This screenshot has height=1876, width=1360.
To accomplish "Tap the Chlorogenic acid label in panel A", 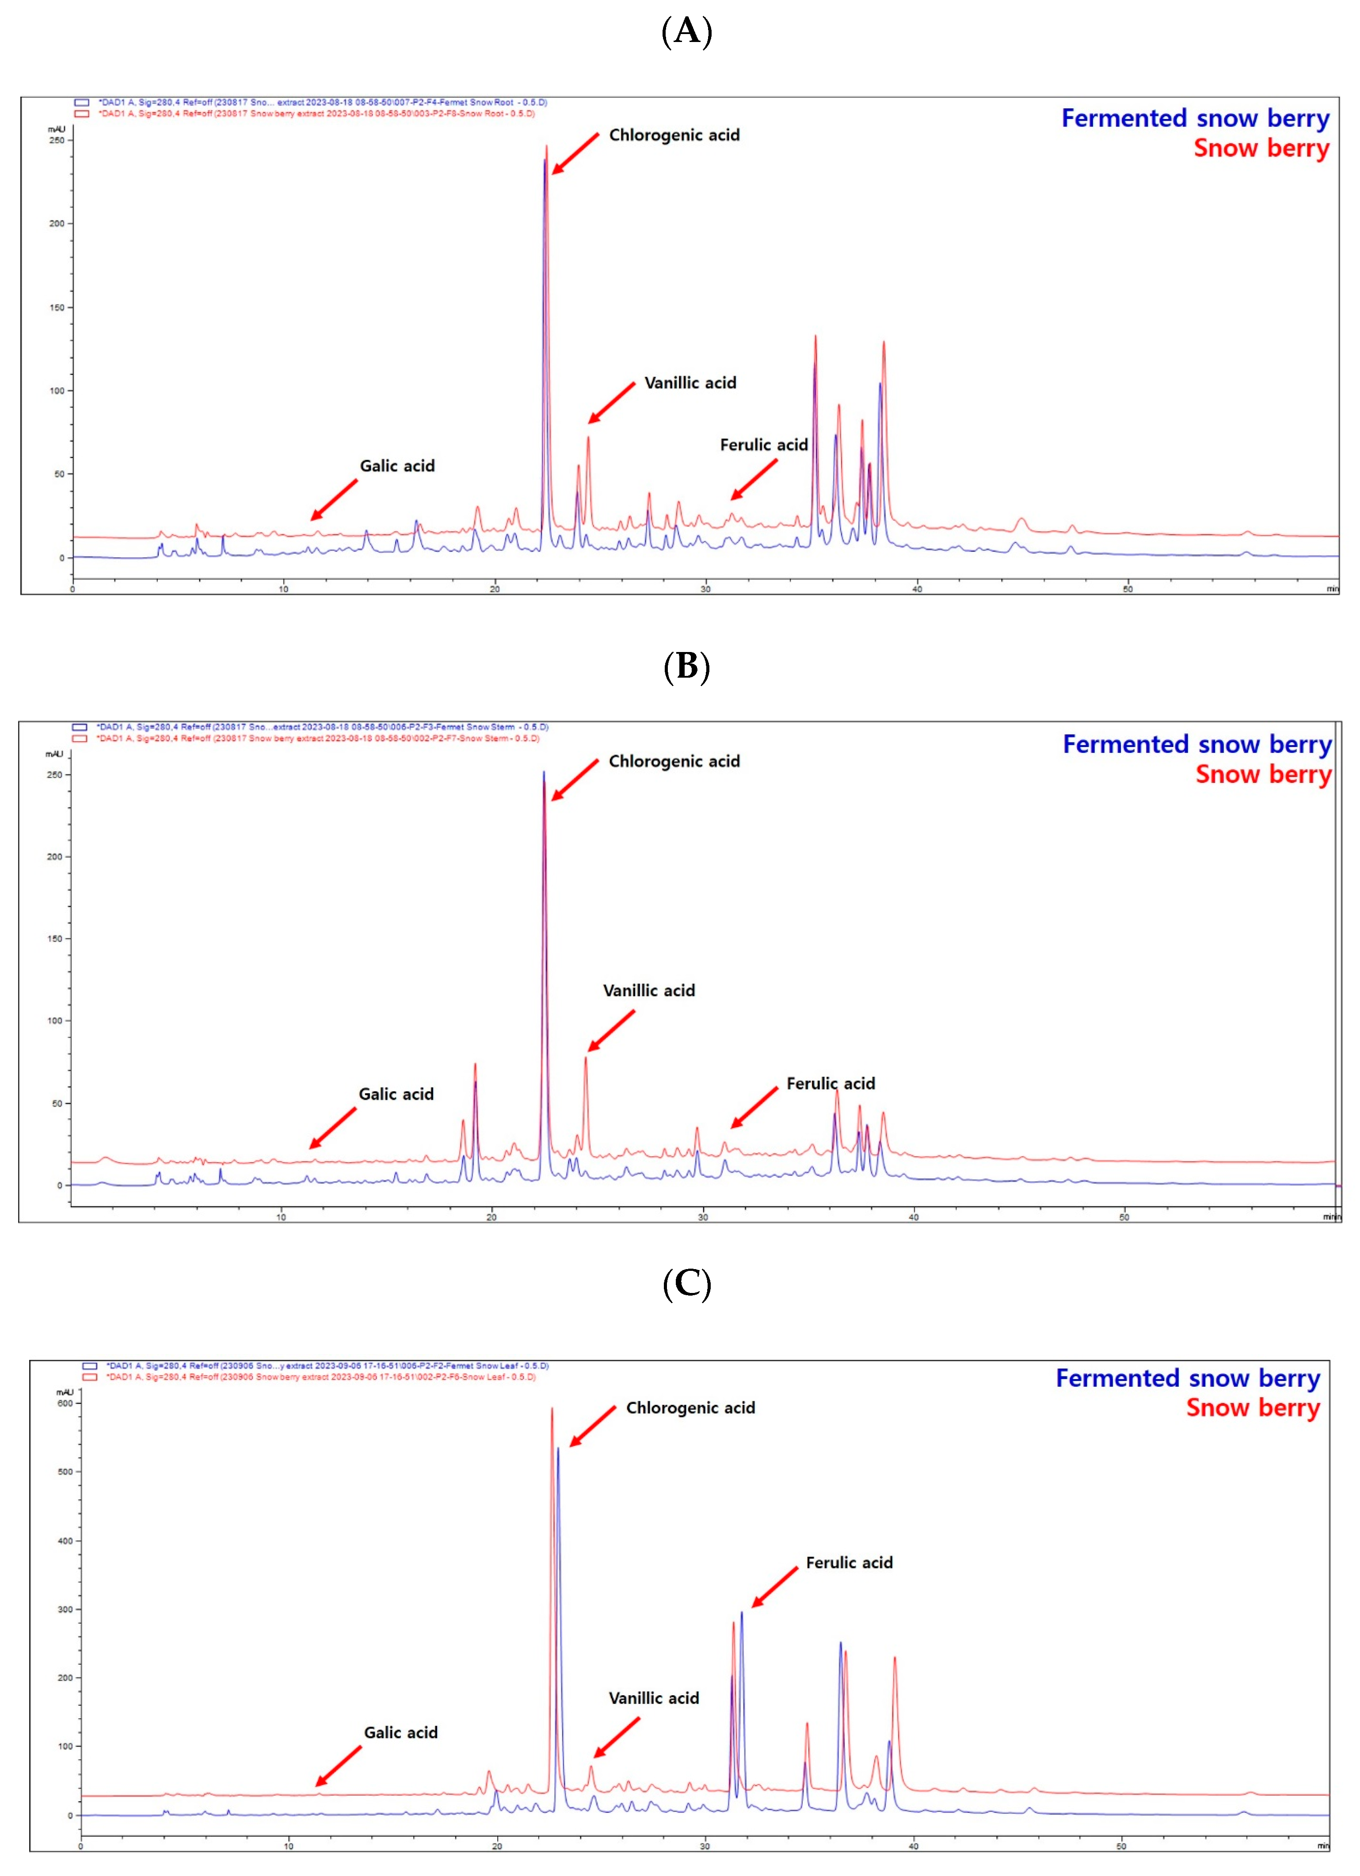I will [x=674, y=135].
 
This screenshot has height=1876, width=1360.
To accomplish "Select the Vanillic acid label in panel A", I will [x=690, y=383].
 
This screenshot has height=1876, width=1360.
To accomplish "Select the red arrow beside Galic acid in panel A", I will [x=334, y=500].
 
